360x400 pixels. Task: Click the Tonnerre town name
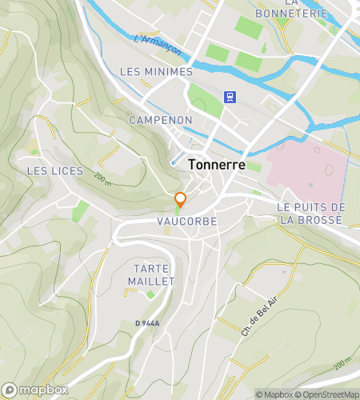(x=218, y=163)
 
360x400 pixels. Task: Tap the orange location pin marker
(x=181, y=199)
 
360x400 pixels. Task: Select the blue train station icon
(x=230, y=97)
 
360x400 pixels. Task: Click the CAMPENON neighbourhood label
(x=161, y=119)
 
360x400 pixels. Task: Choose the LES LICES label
(x=49, y=170)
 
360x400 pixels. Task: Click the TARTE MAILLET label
(x=150, y=274)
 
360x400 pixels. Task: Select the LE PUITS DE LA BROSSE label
(x=311, y=213)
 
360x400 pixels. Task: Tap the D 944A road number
(x=147, y=323)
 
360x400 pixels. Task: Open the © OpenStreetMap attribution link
(x=328, y=394)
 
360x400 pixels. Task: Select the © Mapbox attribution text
(x=274, y=394)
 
